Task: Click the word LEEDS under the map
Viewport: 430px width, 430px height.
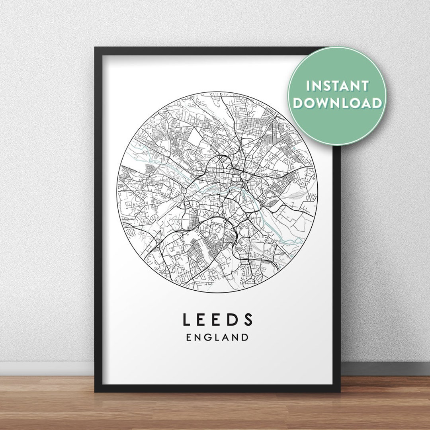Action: [x=218, y=319]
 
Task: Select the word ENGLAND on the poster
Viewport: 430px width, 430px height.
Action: [x=217, y=337]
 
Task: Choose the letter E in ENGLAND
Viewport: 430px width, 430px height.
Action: [x=189, y=337]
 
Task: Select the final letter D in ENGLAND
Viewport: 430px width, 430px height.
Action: [x=245, y=337]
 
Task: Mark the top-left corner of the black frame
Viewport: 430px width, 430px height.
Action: [x=95, y=48]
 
